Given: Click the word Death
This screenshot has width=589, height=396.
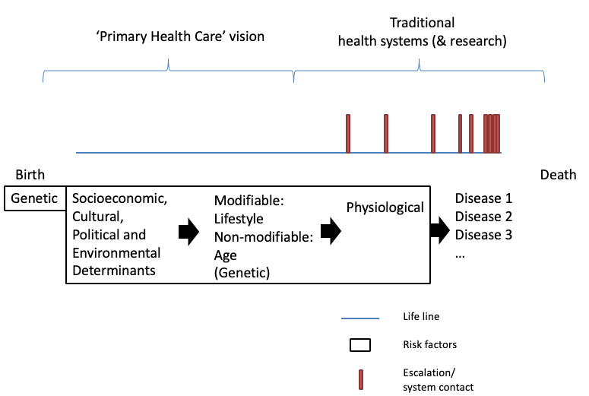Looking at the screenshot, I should (558, 175).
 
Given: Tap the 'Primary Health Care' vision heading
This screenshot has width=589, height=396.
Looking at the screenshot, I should (168, 36).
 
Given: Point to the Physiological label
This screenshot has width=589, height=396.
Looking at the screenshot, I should (385, 207).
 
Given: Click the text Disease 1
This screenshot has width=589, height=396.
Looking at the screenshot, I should (478, 199).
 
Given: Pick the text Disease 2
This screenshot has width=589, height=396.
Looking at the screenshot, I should (478, 217).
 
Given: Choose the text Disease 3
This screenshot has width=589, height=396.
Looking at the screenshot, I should (478, 235).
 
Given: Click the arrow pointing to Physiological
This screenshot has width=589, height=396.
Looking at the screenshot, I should (331, 233).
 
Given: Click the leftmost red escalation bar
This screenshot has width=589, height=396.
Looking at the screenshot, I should (348, 133).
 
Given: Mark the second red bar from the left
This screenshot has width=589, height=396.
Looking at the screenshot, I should (386, 133).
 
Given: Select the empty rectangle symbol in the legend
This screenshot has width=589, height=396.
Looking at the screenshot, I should (359, 345).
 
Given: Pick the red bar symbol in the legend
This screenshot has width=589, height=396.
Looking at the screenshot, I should (360, 379).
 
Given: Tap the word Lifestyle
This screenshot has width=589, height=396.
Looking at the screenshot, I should (239, 219).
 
